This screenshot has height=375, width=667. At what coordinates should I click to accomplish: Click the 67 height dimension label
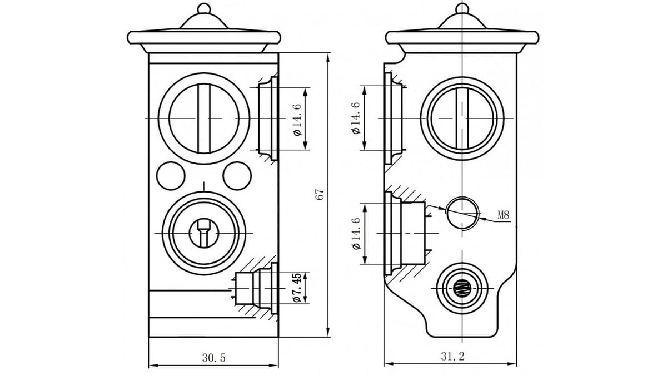320,194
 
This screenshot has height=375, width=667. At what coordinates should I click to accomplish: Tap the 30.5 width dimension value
214,357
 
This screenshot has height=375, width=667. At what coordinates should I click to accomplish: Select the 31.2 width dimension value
452,356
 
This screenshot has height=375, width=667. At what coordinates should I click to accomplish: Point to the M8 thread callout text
504,215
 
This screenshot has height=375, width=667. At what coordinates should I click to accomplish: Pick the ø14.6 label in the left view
297,120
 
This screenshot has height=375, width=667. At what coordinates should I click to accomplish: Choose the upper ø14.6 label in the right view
356,118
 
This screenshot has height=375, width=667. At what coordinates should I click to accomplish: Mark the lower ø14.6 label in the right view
356,234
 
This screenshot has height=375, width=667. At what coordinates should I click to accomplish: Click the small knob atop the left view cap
204,8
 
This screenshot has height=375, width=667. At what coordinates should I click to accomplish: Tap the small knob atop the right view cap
462,8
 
